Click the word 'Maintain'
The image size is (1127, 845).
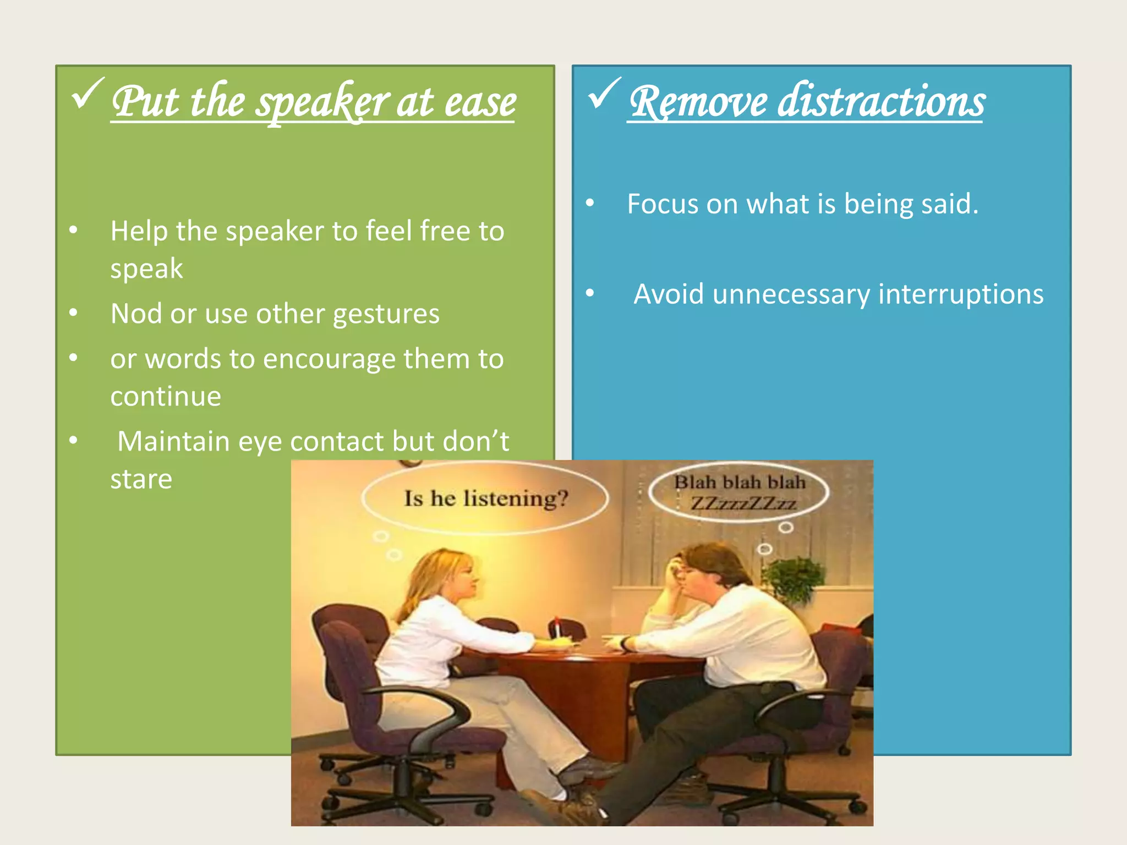[x=173, y=441]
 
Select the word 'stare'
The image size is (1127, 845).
[x=141, y=479]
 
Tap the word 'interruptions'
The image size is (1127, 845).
[x=961, y=294]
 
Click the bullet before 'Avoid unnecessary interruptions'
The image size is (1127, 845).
[x=590, y=293]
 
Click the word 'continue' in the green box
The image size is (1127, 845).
[x=165, y=397]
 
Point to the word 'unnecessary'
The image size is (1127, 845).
[x=791, y=294]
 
